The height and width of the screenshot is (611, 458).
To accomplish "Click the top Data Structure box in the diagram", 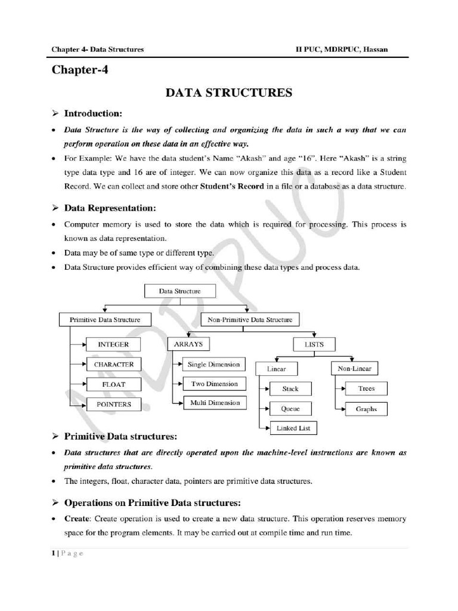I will pyautogui.click(x=180, y=291).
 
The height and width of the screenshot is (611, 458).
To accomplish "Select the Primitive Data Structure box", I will pyautogui.click(x=104, y=320).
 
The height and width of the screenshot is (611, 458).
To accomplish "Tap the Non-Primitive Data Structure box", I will pyautogui.click(x=250, y=320).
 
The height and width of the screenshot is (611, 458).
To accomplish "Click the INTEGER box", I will pyautogui.click(x=113, y=344).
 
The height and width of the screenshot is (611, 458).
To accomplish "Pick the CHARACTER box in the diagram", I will pyautogui.click(x=113, y=364).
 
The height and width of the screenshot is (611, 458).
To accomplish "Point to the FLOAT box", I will pyautogui.click(x=113, y=384).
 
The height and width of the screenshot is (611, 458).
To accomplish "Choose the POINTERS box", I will pyautogui.click(x=113, y=405).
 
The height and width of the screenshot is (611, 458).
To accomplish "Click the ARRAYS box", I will pyautogui.click(x=188, y=344).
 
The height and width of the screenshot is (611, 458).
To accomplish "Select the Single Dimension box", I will pyautogui.click(x=213, y=364).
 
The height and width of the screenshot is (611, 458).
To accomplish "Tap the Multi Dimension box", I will pyautogui.click(x=215, y=403).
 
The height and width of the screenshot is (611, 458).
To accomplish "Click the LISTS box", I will pyautogui.click(x=314, y=344).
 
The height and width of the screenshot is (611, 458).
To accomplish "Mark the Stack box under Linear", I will pyautogui.click(x=290, y=389).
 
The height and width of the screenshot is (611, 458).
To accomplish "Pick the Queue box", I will pyautogui.click(x=290, y=409).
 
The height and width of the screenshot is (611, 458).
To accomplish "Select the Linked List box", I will pyautogui.click(x=293, y=428).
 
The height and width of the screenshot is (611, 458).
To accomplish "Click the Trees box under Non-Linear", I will pyautogui.click(x=366, y=388).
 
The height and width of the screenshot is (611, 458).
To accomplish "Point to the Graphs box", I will pyautogui.click(x=366, y=409).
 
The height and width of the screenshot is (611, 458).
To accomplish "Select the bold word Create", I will pyautogui.click(x=78, y=519).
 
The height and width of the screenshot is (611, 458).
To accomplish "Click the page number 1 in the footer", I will pyautogui.click(x=54, y=553).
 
